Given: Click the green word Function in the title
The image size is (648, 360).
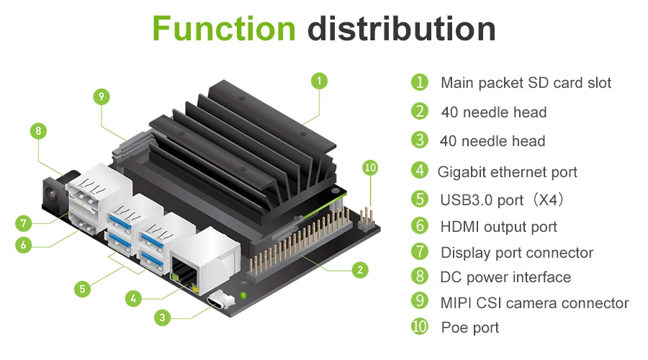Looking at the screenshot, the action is [224, 29].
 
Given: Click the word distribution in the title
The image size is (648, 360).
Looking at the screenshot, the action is [402, 29].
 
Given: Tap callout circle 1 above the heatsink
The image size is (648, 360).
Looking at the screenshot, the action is [320, 80].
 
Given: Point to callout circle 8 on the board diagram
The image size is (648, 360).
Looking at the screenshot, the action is [39, 131].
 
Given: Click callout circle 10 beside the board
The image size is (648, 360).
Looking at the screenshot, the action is [370, 168].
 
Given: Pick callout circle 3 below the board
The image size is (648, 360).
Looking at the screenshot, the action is [163, 317].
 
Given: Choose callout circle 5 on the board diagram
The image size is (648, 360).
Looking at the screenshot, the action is [83, 289].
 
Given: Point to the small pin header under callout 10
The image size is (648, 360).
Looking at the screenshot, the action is [367, 214].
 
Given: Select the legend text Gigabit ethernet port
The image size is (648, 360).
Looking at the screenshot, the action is [507, 171].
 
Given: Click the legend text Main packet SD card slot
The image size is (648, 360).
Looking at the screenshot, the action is [526, 83].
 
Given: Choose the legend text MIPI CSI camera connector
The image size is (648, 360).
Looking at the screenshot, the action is [534, 303].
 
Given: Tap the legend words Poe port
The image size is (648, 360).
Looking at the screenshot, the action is [469, 328].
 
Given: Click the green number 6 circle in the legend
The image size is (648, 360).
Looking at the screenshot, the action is [420, 226].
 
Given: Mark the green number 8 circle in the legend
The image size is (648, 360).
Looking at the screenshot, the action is [420, 276].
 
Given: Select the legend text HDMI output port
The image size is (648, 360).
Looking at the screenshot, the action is [498, 227].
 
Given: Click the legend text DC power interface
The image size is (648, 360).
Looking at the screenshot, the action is [505, 277].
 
